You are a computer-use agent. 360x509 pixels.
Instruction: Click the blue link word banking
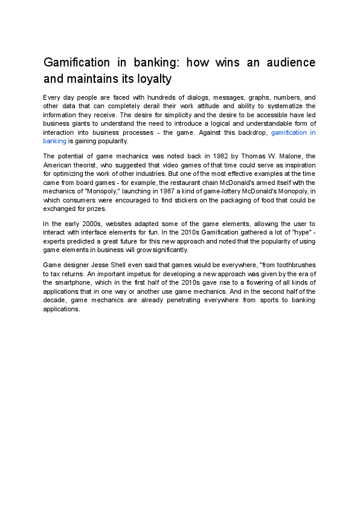pos(54,141)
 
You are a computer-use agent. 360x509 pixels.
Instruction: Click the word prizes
pos(94,208)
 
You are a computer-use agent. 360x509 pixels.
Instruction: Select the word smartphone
pos(73,283)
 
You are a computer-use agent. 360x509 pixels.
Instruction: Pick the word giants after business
pos(83,123)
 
